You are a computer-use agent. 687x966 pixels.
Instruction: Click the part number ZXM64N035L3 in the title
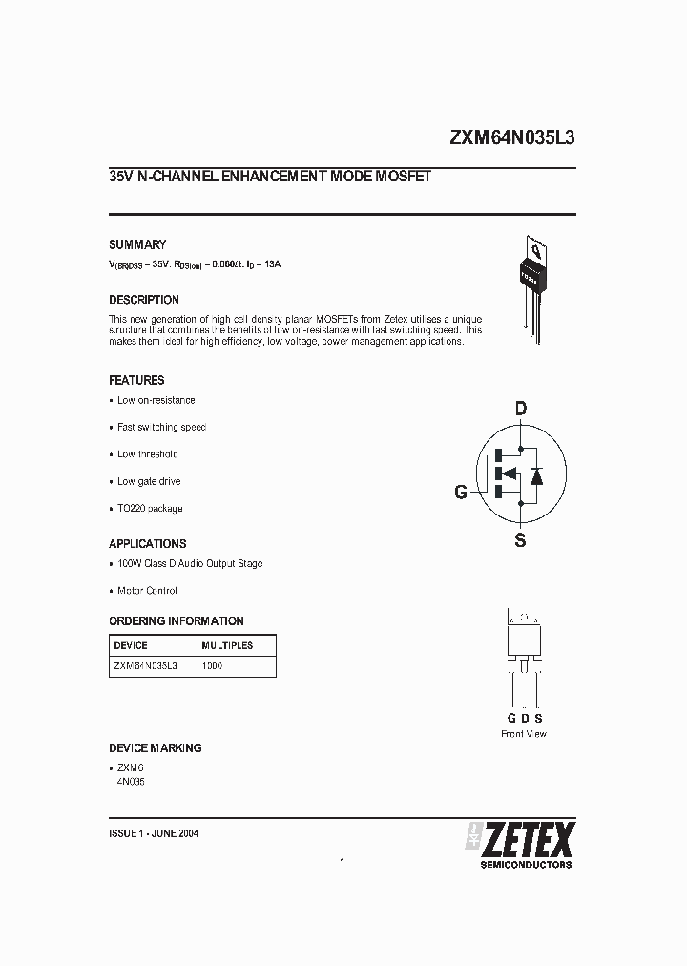point(511,137)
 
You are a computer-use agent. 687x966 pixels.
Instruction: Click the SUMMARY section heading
point(137,244)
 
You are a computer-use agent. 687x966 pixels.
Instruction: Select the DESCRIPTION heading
point(144,300)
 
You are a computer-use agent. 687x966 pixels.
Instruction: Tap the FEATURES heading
point(136,380)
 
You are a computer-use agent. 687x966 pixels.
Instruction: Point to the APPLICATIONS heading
point(148,544)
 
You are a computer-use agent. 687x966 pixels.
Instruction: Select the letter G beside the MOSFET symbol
point(461,493)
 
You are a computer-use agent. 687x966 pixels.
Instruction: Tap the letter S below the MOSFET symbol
point(520,541)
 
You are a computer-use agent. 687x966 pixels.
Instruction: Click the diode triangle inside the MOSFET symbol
point(536,473)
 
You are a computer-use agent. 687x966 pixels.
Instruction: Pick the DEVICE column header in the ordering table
point(131,645)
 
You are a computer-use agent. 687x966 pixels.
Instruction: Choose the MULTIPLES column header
point(227,645)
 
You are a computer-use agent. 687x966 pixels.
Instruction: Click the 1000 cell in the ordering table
point(212,666)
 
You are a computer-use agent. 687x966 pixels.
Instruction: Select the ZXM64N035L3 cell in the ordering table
point(145,666)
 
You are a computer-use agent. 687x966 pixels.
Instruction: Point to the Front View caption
point(524,734)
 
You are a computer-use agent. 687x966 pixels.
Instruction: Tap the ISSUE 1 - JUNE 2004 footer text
point(154,833)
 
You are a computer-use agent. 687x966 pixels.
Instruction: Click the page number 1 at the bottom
point(342,862)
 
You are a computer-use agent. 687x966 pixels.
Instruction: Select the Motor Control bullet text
point(147,591)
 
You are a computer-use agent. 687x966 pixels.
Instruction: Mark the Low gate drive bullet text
point(149,482)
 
